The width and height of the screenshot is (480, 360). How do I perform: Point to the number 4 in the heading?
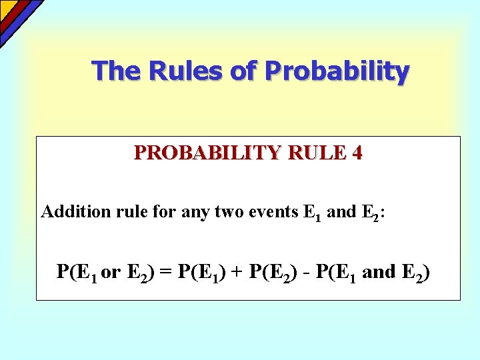pos(358,153)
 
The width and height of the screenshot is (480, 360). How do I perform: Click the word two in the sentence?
pos(225,212)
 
